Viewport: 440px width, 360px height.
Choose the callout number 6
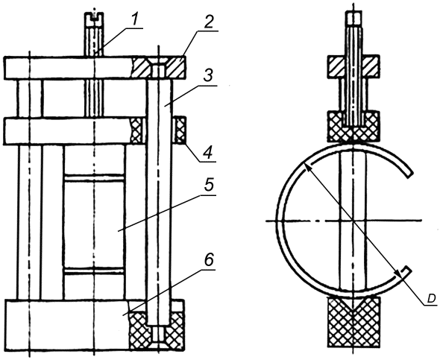[x=208, y=261]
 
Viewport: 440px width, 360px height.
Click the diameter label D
[x=431, y=299]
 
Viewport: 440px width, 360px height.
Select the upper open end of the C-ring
[x=408, y=173]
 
